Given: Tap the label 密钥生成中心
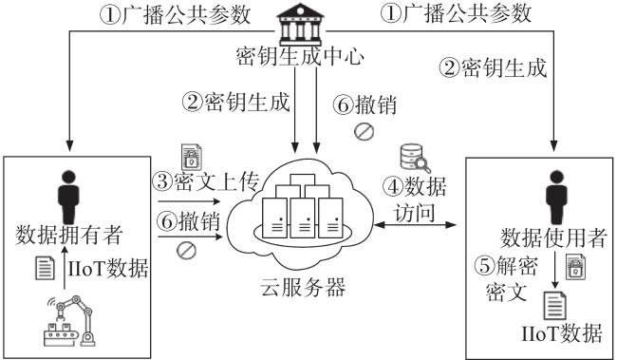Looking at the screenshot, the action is [x=300, y=56].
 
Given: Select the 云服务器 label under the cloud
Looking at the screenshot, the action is [x=303, y=287].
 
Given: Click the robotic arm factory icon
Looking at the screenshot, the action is [x=69, y=321].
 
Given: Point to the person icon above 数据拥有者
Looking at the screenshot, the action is [x=68, y=198].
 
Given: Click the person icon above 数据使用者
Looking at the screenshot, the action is [x=556, y=198].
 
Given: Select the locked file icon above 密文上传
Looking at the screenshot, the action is [x=191, y=157].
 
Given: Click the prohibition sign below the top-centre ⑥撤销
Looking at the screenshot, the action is [x=364, y=131].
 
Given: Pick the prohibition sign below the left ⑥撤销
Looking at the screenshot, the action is [x=186, y=250].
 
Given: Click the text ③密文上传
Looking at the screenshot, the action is [x=206, y=181].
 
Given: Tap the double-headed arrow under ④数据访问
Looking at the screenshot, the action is [x=415, y=225].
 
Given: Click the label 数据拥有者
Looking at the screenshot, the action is [x=69, y=236].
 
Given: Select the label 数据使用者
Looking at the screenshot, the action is [x=553, y=237].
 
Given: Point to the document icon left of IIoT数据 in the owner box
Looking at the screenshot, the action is [x=46, y=268].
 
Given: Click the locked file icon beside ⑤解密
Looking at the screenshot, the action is [x=575, y=267].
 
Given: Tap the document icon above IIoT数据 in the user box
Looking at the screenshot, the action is [x=555, y=306].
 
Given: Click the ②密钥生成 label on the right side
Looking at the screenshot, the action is [x=493, y=67].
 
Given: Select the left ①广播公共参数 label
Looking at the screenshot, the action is [x=175, y=15].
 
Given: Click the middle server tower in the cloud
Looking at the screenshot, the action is [x=303, y=218].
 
